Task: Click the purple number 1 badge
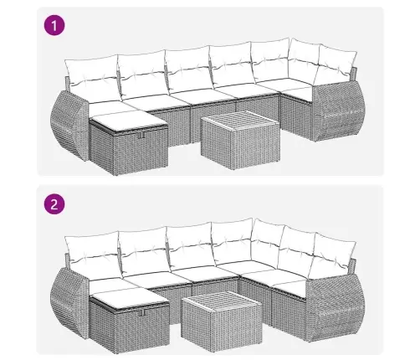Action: [54, 25]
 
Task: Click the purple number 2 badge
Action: [54, 204]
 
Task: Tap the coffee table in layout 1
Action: [240, 140]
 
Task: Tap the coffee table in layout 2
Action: [222, 318]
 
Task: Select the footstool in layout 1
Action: [129, 142]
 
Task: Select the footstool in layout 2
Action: [130, 321]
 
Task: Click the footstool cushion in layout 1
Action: [129, 121]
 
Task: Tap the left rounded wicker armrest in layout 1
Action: [69, 125]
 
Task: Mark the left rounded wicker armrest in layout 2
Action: [69, 303]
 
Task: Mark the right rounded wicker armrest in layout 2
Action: [335, 307]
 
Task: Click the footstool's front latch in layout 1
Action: [143, 135]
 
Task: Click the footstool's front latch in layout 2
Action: [144, 312]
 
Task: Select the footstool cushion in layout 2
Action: [130, 300]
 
